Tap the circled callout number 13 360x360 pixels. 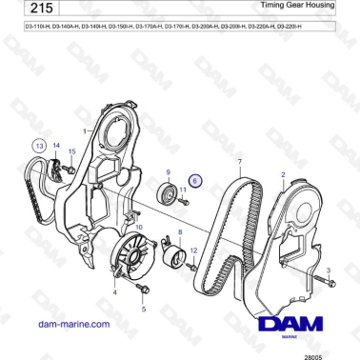(x=39, y=145)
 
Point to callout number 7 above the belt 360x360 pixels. (x=240, y=163)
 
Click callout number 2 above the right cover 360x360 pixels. (x=283, y=174)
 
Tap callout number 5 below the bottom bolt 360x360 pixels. (x=144, y=309)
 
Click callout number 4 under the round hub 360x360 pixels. (x=115, y=292)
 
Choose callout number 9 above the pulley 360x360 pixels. (x=169, y=171)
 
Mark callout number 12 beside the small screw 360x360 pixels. (x=194, y=251)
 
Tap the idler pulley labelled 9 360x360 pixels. (x=169, y=196)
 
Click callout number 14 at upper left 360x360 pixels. (x=55, y=145)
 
